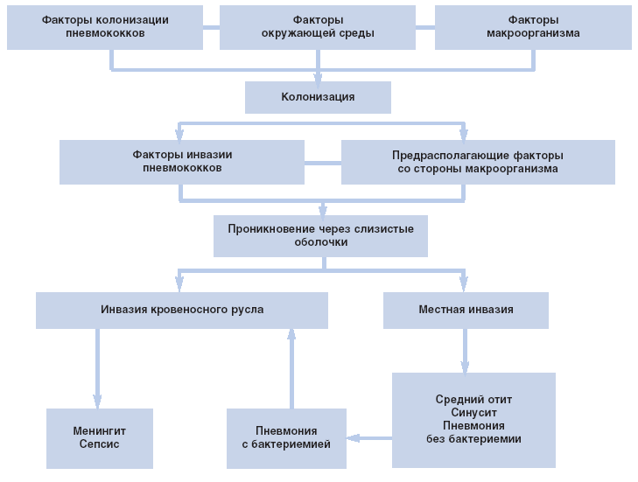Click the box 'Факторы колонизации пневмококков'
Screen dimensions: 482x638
tap(105, 26)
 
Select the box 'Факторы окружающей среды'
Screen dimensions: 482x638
tap(317, 26)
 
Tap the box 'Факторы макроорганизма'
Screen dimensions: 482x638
tap(532, 26)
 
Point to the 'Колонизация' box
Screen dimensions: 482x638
tap(318, 97)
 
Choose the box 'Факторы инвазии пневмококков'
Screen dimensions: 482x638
tap(182, 162)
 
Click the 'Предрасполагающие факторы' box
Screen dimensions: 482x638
tap(477, 162)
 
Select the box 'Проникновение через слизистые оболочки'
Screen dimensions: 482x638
tap(320, 235)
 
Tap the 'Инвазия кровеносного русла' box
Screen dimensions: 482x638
tap(182, 310)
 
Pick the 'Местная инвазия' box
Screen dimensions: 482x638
tap(466, 310)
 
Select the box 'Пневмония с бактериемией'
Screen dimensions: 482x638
tap(286, 437)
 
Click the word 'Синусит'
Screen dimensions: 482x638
tap(473, 413)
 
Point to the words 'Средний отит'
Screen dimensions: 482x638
tap(473, 400)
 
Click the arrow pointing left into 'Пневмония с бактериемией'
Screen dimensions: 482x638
tap(368, 437)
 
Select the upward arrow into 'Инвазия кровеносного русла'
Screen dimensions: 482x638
tap(291, 367)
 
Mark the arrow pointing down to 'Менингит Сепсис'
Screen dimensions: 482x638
tap(96, 367)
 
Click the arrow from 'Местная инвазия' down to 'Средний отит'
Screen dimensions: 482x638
tap(465, 350)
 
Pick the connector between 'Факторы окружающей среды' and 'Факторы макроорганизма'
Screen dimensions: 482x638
tap(424, 27)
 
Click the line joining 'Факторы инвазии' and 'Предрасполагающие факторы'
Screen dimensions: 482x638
tap(322, 163)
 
